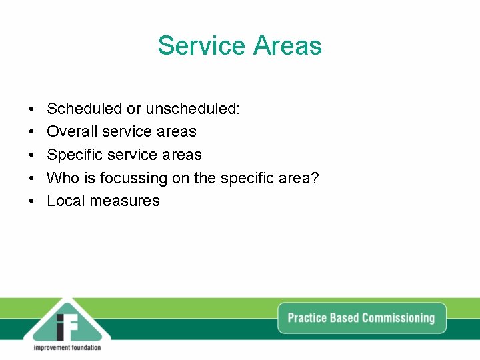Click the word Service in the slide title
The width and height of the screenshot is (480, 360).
pos(201,46)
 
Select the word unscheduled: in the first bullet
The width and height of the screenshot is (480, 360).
pos(193,109)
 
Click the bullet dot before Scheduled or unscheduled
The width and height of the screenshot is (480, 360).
pos(31,109)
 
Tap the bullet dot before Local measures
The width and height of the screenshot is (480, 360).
pos(31,201)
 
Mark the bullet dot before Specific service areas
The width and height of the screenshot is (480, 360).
pos(31,155)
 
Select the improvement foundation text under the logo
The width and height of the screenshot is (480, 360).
pos(67,347)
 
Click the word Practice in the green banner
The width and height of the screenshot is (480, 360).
pos(307,318)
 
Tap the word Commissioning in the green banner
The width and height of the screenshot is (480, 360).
pos(398,318)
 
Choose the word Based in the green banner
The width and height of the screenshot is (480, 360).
pos(345,318)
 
